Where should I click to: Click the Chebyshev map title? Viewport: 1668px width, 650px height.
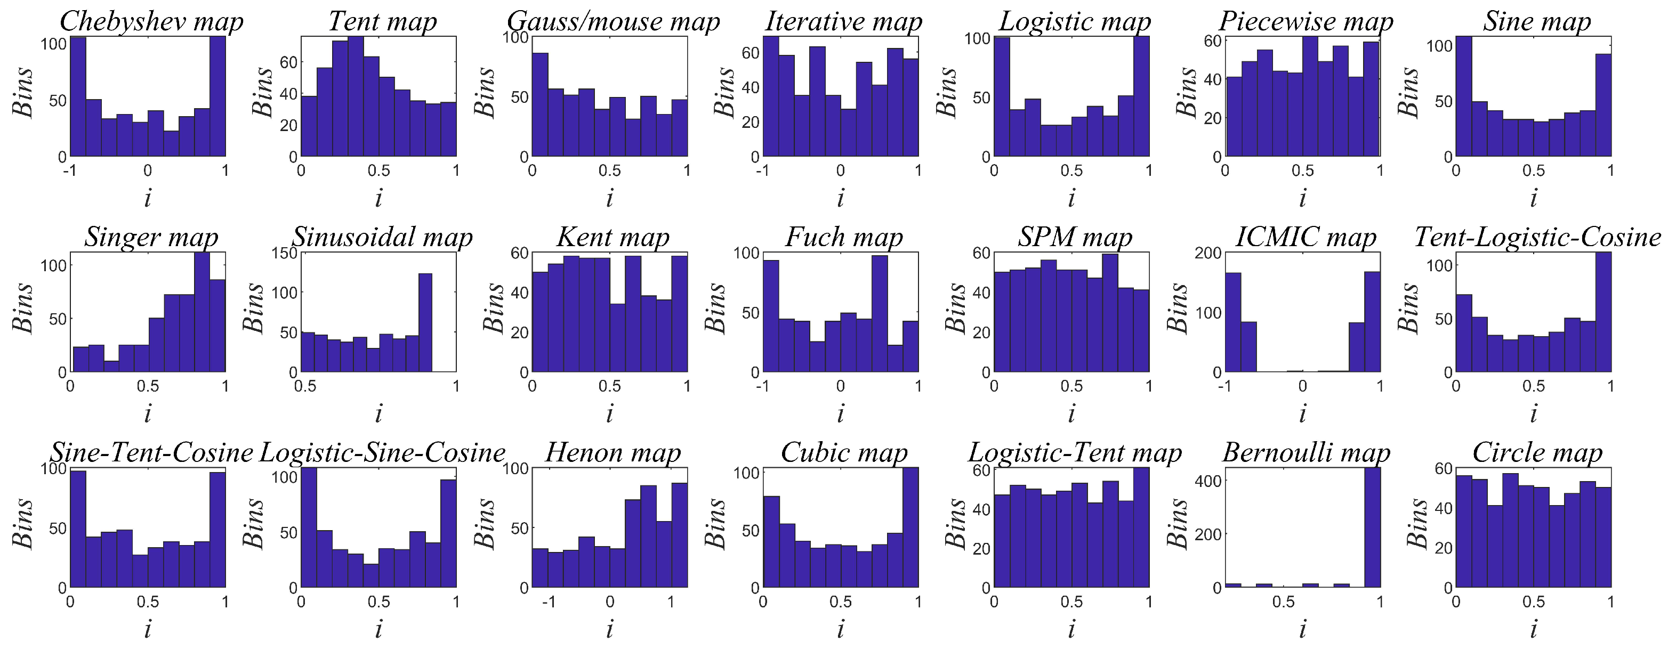151,21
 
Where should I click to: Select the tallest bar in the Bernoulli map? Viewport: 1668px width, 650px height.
1372,527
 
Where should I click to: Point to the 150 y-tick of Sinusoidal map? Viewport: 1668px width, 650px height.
288,253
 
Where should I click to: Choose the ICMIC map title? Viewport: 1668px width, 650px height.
1306,237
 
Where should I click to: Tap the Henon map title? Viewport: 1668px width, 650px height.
613,452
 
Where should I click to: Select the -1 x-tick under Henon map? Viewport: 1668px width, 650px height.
549,602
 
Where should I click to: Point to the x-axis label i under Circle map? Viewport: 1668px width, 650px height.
1533,629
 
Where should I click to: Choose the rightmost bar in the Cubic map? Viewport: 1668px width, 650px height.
910,527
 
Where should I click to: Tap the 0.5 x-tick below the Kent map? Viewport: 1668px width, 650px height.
609,386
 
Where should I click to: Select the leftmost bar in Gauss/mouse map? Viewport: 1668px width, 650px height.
540,105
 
